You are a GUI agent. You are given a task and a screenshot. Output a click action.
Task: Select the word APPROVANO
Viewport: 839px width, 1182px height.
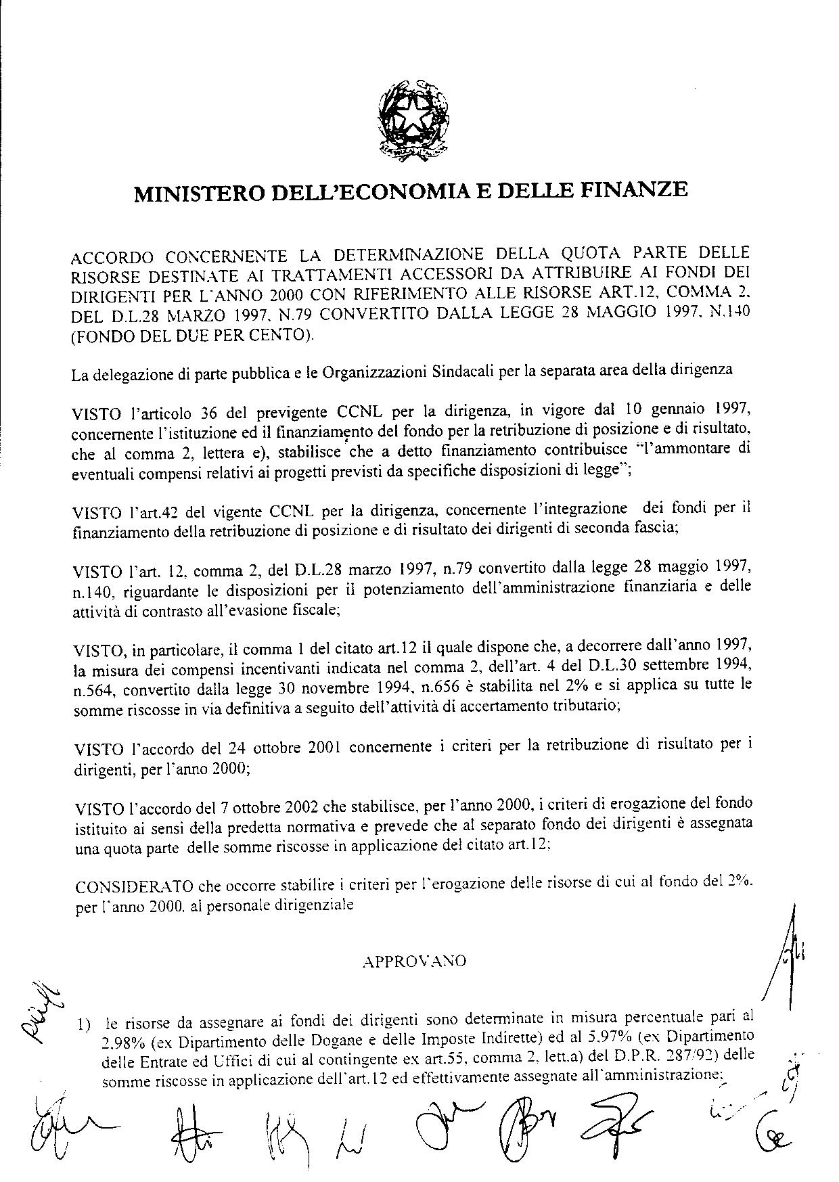414,961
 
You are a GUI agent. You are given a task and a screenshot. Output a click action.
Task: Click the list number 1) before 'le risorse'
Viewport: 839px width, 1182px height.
84,1026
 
